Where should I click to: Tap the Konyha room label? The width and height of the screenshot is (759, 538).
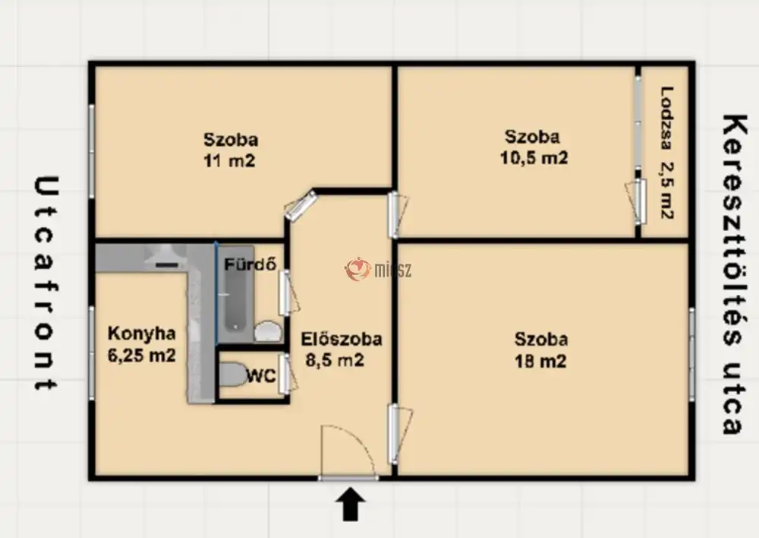tap(141, 334)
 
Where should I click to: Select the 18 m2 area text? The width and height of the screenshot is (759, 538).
tap(540, 361)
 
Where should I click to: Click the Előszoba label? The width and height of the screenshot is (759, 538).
tap(342, 339)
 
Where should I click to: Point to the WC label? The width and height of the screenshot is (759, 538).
tap(261, 375)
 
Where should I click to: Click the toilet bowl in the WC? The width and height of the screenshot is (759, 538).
tap(233, 375)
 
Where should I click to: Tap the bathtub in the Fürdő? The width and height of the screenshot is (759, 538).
tap(236, 294)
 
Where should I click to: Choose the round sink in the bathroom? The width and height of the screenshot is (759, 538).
tap(268, 331)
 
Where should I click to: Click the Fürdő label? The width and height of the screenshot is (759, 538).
tap(250, 264)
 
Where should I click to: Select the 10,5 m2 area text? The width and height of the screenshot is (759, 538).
tap(534, 158)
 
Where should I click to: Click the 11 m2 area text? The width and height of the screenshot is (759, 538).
tap(229, 160)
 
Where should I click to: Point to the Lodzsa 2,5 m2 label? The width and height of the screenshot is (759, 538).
tap(667, 152)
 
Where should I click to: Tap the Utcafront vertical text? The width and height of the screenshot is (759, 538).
tap(46, 283)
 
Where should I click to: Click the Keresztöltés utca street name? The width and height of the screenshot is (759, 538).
tap(732, 274)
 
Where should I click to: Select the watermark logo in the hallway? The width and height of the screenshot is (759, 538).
tap(378, 269)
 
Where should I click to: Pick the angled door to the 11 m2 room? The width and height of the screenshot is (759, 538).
tap(301, 205)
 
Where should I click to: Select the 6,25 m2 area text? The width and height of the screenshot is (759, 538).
tap(141, 356)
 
